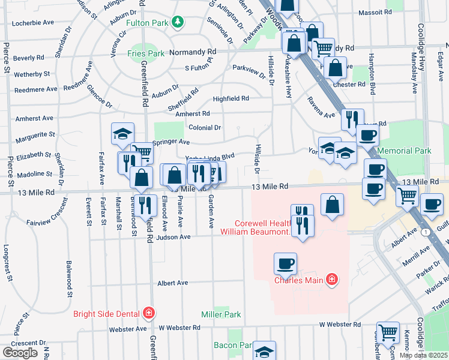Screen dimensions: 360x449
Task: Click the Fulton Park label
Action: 148,23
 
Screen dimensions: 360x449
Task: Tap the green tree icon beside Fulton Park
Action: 177,23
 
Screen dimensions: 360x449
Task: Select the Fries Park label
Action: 146,53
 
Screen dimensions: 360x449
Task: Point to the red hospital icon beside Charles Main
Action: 330,280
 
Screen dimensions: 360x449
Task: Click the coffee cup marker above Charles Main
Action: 285,263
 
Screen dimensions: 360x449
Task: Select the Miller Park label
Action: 221,314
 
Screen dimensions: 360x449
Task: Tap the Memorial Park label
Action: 415,151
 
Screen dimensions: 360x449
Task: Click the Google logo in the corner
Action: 20,352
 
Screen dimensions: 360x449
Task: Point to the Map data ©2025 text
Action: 423,355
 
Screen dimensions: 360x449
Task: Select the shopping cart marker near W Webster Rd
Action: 388,331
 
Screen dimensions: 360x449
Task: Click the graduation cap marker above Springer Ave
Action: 122,133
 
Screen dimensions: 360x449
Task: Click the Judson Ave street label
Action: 173,237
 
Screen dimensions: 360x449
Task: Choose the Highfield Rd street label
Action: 231,98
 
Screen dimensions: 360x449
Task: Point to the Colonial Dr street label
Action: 205,127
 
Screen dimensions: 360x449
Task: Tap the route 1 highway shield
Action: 424,232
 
